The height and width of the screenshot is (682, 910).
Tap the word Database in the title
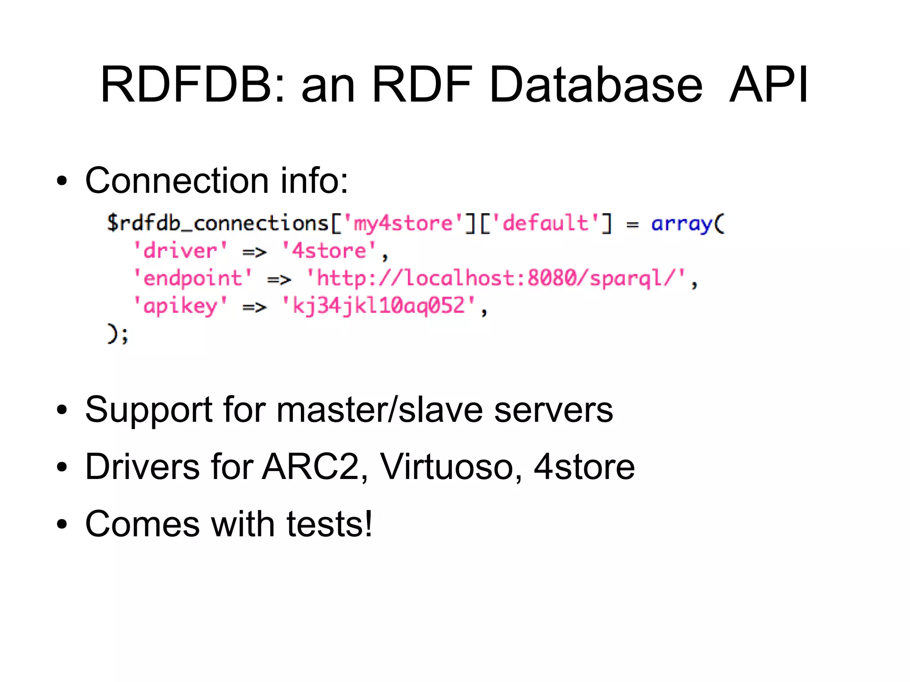point(595,84)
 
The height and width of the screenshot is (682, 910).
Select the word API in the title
point(769,84)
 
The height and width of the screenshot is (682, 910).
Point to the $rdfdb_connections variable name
point(218,223)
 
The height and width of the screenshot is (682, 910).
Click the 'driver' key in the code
point(180,251)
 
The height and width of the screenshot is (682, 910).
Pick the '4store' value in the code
point(329,251)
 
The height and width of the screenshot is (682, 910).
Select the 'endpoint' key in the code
point(193,279)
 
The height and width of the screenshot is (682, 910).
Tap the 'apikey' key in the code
point(180,306)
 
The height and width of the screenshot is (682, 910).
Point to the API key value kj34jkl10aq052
point(379,306)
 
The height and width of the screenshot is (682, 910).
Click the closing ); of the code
point(117,334)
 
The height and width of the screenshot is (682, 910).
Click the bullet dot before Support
point(62,410)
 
